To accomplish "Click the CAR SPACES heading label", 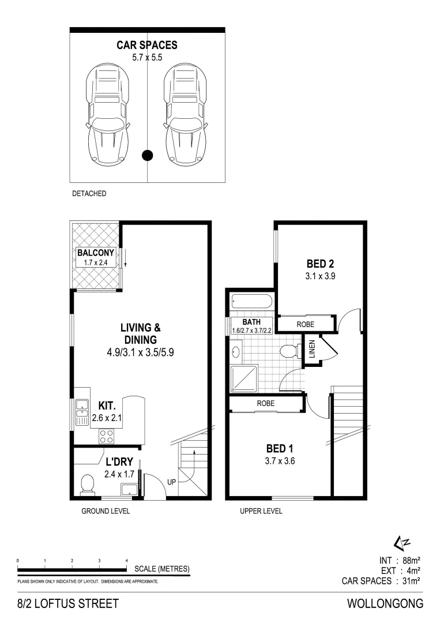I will tap(147, 44).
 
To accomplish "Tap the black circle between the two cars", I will tap(148, 154).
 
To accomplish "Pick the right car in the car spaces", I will tap(186, 115).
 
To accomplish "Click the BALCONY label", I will tap(96, 253).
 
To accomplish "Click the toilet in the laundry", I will tap(88, 485).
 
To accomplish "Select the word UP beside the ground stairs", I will tap(171, 482).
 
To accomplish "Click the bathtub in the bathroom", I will tap(251, 302).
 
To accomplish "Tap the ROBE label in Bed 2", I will tap(305, 325).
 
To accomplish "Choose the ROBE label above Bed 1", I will tap(265, 403).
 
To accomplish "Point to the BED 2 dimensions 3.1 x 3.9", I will tap(320, 276).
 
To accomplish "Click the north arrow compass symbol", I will tap(401, 542).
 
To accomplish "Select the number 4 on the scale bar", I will tap(126, 560).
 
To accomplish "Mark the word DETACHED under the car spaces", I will tap(89, 194).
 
